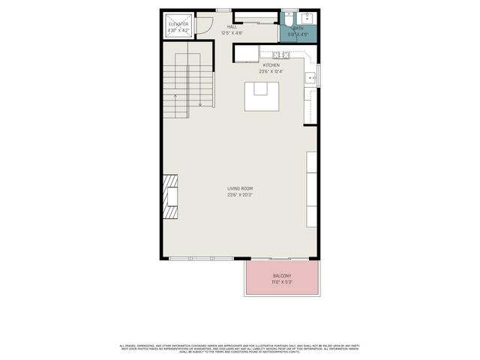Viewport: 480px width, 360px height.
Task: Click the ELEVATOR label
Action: [x=178, y=25]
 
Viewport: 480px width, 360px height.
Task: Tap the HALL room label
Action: [x=233, y=27]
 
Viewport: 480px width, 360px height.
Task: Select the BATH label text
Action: [x=298, y=28]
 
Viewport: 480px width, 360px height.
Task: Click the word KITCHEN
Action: [x=271, y=65]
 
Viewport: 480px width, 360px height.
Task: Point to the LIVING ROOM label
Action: [x=240, y=188]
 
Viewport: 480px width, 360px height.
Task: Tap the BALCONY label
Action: [x=281, y=275]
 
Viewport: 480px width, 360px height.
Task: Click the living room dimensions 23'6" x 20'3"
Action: [x=240, y=195]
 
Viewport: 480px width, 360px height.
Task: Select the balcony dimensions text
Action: [x=281, y=282]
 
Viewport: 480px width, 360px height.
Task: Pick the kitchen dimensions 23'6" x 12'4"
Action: [x=271, y=71]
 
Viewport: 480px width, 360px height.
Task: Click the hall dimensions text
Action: [x=233, y=33]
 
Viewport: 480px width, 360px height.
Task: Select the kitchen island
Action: [x=261, y=95]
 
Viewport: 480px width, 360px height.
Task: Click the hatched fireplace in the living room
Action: [x=172, y=197]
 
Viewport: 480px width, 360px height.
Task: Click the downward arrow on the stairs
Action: [x=200, y=100]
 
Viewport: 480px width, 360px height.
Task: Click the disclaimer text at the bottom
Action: [x=240, y=347]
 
